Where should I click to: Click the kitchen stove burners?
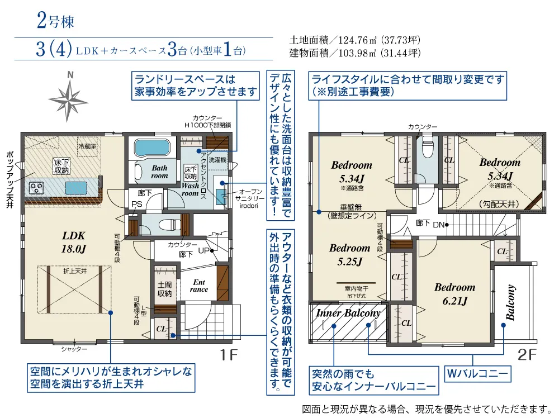pos(37,187)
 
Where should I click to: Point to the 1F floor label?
pos(230,354)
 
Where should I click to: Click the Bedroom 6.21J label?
pos(454,294)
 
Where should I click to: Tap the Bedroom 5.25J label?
pos(349,254)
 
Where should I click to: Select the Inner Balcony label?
pos(348,313)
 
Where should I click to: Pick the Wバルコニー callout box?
pos(476,373)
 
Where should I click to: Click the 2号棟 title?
pos(54,22)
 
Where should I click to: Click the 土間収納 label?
pos(164,289)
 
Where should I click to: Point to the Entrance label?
pos(198,286)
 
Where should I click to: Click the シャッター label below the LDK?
pos(74,349)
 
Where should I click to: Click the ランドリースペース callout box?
pos(196,85)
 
